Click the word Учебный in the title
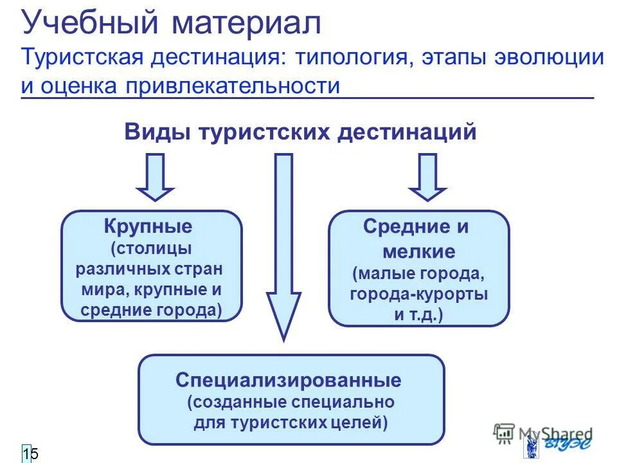pyautogui.click(x=90, y=24)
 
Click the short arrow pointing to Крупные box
pyautogui.click(x=155, y=177)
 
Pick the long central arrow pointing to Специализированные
pyautogui.click(x=283, y=244)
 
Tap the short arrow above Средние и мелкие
pyautogui.click(x=427, y=177)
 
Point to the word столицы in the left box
pyautogui.click(x=152, y=248)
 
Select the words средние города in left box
pyautogui.click(x=151, y=310)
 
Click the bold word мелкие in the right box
pyautogui.click(x=418, y=251)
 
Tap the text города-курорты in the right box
pyautogui.click(x=418, y=294)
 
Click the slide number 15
pyautogui.click(x=30, y=454)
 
